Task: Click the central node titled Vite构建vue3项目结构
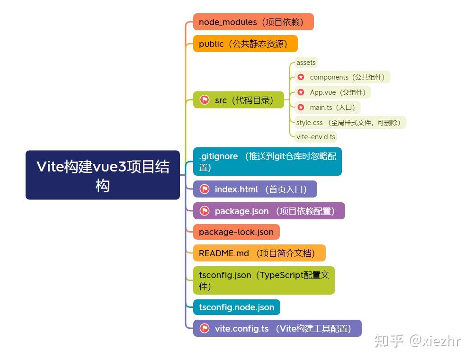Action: tap(103, 175)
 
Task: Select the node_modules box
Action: tap(253, 22)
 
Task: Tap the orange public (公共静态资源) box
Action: tap(245, 44)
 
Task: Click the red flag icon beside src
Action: tap(205, 100)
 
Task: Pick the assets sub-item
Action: tap(305, 63)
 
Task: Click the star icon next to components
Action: tap(301, 77)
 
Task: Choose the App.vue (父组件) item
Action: tap(337, 92)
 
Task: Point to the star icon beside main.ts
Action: tap(301, 108)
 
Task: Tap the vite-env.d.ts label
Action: tap(315, 137)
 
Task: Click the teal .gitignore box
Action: tap(267, 162)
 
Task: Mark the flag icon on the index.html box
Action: tap(205, 189)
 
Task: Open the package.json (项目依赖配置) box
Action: tap(275, 211)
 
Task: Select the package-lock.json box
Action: tap(236, 232)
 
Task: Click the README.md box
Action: tap(259, 253)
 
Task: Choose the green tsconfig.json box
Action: tap(264, 280)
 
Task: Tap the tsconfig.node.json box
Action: tap(236, 307)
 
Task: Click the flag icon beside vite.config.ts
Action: tap(205, 328)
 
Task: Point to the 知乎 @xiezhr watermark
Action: tap(417, 341)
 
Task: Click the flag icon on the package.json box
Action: tap(205, 211)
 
